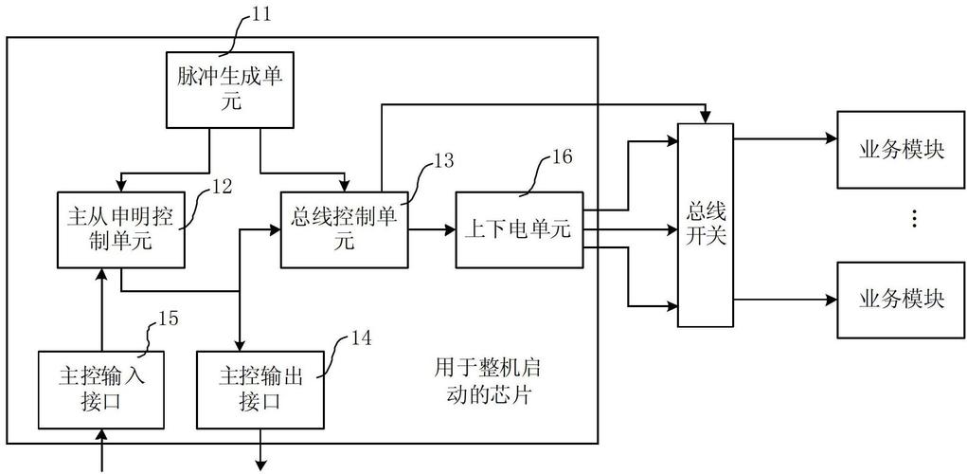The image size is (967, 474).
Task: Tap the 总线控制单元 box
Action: pyautogui.click(x=344, y=228)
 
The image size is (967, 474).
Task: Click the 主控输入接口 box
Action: pyautogui.click(x=100, y=389)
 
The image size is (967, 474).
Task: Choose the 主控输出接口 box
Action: pyautogui.click(x=258, y=389)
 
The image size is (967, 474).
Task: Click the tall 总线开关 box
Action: pyautogui.click(x=705, y=226)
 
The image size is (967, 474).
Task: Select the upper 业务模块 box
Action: pyautogui.click(x=901, y=150)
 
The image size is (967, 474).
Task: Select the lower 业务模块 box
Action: pyautogui.click(x=901, y=299)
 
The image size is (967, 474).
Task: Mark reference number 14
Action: pyautogui.click(x=361, y=337)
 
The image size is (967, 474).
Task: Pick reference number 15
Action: pyautogui.click(x=166, y=318)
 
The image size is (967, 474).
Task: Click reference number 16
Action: pyautogui.click(x=561, y=157)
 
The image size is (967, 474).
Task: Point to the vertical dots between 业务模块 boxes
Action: pyautogui.click(x=913, y=220)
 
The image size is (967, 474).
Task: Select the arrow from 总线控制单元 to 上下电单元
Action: pyautogui.click(x=431, y=229)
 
